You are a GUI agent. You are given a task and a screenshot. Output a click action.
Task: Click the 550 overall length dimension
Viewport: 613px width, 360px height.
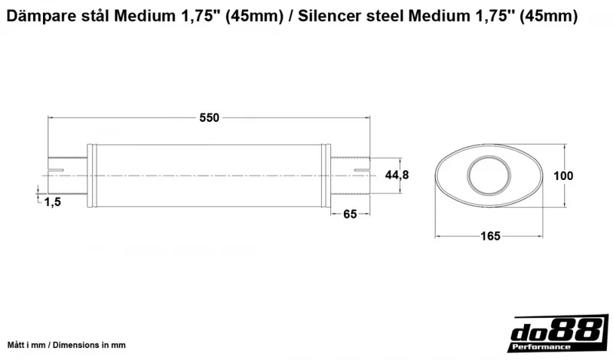tap(209, 117)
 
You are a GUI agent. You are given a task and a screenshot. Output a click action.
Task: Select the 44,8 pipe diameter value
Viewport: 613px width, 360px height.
tap(397, 175)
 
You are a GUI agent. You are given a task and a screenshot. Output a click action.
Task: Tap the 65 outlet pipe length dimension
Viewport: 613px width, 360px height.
tap(350, 214)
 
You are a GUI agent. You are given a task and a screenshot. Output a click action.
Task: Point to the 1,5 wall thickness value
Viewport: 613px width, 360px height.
tap(53, 201)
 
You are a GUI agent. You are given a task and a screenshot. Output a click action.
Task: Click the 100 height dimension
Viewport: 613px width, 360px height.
tap(563, 175)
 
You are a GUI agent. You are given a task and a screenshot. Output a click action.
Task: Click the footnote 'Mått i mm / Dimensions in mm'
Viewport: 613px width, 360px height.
tap(66, 345)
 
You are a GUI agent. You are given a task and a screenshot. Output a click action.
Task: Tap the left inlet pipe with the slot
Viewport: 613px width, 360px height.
tap(67, 176)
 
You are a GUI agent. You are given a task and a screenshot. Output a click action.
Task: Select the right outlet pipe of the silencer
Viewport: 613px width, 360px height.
tap(350, 176)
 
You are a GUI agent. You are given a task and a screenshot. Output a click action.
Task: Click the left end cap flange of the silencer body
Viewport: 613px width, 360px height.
tap(93, 176)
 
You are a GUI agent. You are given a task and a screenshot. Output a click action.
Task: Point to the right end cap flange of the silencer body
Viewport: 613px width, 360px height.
tap(328, 176)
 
